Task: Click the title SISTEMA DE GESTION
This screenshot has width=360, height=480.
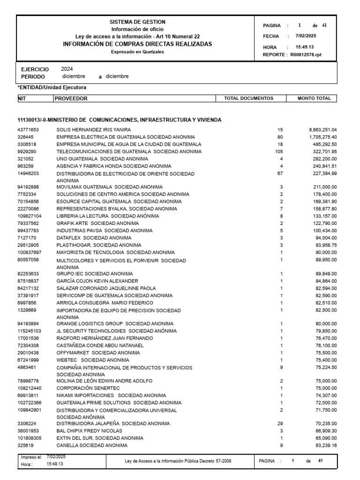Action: pos(137,22)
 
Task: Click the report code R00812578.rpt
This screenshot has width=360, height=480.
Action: pos(306,55)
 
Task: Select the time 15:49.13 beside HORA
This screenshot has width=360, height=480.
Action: pos(305,47)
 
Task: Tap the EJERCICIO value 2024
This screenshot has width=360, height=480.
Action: pos(67,69)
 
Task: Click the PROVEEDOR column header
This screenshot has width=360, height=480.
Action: pos(71,98)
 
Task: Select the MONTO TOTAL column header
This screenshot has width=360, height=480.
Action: pos(314,98)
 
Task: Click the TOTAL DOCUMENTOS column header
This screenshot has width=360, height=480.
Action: pos(248,98)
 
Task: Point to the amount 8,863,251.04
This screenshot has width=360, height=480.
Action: pos(322,129)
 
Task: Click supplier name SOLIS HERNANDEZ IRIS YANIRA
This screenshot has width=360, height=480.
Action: pos(94,129)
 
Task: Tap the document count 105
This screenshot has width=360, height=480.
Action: pos(280,151)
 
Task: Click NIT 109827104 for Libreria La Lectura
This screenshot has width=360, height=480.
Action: pos(30,216)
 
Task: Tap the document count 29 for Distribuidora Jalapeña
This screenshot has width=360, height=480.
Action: pos(280,423)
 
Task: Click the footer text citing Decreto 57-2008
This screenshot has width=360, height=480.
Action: pos(178,461)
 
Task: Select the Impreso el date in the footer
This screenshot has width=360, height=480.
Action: pos(56,457)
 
